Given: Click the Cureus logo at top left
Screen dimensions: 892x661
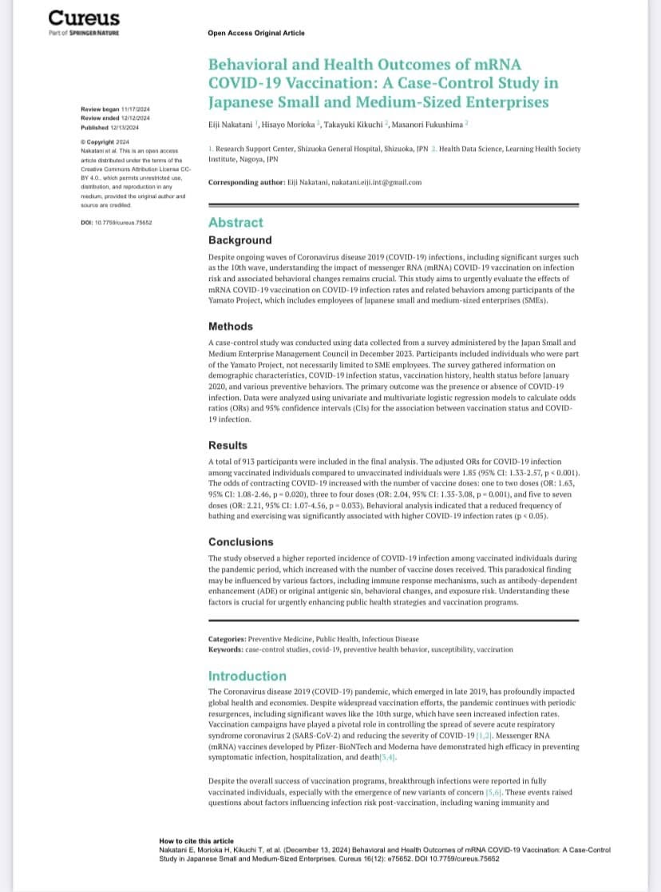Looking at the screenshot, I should click(84, 18).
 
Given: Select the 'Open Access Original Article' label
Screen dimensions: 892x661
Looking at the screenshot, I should click(255, 34).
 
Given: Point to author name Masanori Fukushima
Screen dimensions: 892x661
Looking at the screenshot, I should click(431, 124).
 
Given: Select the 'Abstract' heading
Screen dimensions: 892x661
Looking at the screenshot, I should click(236, 223).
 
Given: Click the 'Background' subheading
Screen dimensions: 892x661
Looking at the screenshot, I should click(239, 240).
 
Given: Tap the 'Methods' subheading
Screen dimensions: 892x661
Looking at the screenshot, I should click(231, 326).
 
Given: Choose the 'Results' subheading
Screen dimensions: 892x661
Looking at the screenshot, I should click(228, 445).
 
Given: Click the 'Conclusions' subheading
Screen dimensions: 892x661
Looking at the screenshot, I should click(240, 541).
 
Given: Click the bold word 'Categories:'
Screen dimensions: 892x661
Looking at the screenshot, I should click(228, 640).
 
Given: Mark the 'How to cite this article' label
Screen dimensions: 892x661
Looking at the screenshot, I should click(196, 841).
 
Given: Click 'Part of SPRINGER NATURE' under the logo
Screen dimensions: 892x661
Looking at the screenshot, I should click(84, 33).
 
